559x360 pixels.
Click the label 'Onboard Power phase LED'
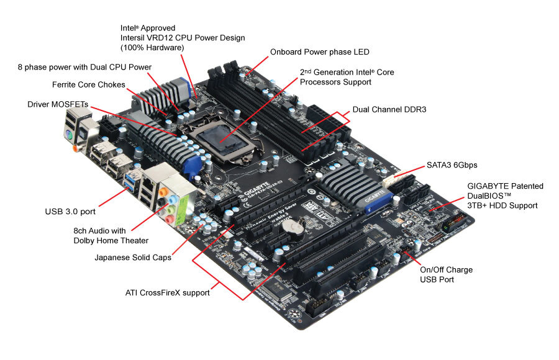319,52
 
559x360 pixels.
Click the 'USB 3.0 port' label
70,211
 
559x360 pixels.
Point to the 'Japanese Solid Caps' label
133,257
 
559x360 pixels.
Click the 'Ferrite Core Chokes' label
88,84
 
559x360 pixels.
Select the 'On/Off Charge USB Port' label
446,274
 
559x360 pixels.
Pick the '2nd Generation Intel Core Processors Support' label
347,77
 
